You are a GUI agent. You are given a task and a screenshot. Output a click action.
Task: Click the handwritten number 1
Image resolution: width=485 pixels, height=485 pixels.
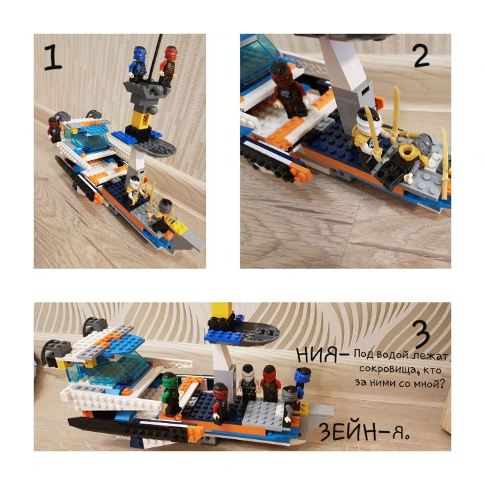[53, 57]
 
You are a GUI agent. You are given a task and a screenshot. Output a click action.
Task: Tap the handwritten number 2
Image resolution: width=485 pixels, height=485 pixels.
[421, 56]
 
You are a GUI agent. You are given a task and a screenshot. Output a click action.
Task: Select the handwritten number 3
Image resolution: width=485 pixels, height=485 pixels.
[422, 334]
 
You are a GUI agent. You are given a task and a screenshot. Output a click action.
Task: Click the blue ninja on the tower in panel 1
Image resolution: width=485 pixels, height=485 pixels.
[138, 64]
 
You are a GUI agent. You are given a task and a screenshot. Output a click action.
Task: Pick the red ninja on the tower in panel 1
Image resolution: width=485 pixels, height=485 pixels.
[168, 65]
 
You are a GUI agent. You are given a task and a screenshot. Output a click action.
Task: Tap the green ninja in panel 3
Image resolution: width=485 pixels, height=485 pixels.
[170, 394]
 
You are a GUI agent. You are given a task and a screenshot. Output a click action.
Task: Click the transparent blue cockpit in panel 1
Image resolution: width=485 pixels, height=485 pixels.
[87, 138]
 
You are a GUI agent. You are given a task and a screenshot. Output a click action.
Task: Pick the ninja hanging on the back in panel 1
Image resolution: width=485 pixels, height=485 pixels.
[55, 129]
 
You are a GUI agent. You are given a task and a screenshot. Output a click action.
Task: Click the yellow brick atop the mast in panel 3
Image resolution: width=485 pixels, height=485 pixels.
[222, 311]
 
